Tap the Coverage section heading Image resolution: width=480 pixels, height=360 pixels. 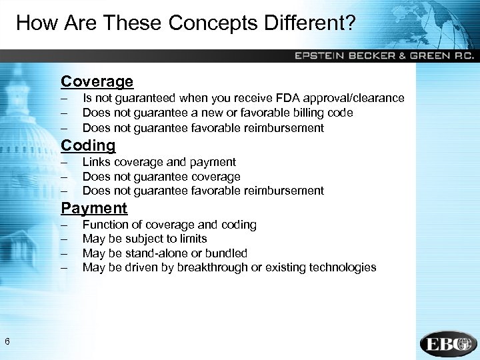click(97, 82)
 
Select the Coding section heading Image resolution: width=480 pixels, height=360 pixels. click(88, 145)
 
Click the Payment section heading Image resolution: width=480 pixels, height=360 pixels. click(94, 208)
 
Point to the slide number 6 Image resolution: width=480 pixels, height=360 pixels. click(7, 342)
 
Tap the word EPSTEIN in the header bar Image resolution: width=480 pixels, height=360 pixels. click(317, 56)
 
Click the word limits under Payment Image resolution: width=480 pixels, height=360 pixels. click(192, 239)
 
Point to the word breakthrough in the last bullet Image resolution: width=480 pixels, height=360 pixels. click(209, 267)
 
